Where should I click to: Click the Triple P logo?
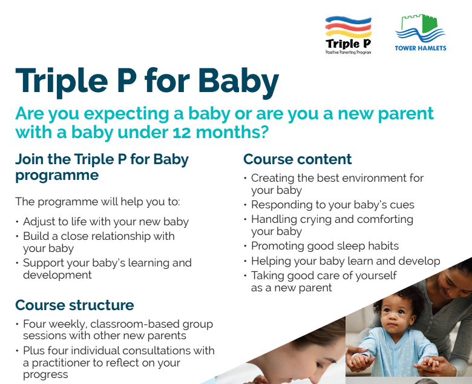tap(349, 35)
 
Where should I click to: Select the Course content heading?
tap(297, 159)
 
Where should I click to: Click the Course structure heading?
tap(74, 305)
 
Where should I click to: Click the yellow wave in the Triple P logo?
tap(349, 33)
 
